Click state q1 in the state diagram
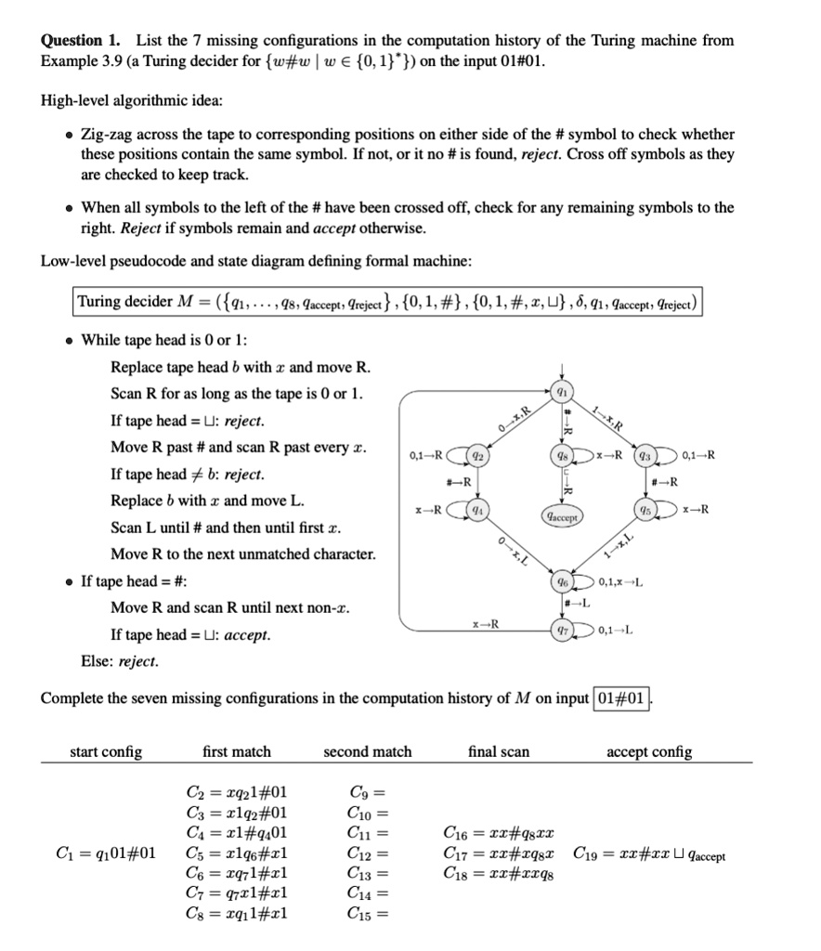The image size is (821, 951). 560,391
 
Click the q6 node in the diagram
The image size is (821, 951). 560,581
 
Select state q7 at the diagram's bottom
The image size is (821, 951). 560,632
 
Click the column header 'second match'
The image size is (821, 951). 367,751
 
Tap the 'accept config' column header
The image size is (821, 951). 648,751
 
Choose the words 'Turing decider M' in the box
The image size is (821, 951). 125,301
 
